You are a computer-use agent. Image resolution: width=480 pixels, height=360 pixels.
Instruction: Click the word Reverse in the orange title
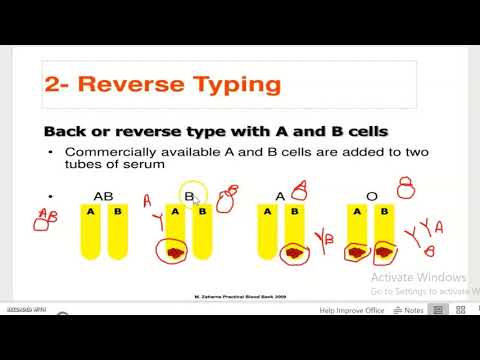point(128,85)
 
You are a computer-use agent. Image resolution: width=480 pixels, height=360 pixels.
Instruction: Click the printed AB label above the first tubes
point(103,197)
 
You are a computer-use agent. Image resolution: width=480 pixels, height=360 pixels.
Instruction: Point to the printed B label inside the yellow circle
point(189,197)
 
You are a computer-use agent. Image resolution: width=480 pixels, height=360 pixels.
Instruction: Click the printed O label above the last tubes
point(371,197)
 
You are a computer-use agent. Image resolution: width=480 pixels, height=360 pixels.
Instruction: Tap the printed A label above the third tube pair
point(280,197)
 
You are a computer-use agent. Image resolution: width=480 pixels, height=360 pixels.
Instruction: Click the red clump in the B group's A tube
point(177,255)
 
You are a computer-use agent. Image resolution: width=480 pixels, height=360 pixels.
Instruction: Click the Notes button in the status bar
point(408,310)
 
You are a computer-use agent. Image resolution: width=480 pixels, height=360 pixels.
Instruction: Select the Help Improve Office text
point(352,310)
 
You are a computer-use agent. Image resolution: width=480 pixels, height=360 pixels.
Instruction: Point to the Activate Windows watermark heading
point(417,277)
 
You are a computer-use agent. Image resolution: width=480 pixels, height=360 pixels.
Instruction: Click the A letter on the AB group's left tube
point(90,212)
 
